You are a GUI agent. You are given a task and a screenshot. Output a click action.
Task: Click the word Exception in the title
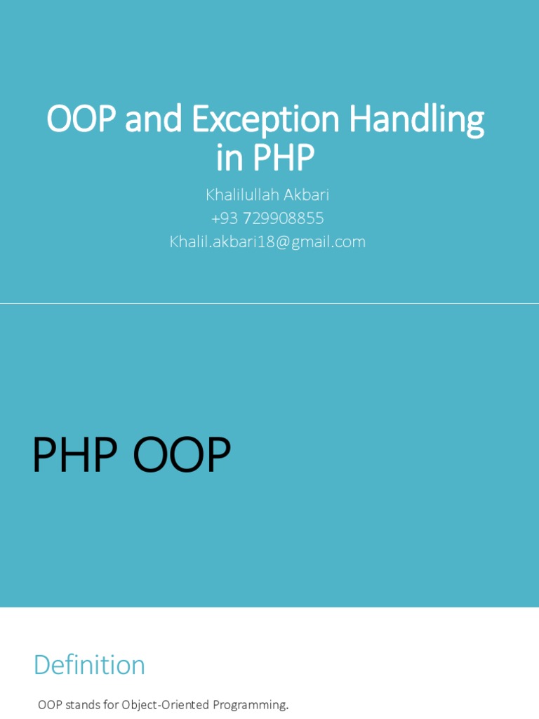(267, 120)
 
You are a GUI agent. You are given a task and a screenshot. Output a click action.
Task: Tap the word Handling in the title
(417, 120)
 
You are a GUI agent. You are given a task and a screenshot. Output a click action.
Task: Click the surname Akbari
(305, 194)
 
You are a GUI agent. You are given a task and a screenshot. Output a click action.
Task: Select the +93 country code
(225, 218)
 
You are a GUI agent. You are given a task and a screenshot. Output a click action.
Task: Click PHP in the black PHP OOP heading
(74, 456)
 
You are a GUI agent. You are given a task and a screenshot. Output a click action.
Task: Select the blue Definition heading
(89, 665)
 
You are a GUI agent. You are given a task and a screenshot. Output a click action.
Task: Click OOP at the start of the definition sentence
(50, 704)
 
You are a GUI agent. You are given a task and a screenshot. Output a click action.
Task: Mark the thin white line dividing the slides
(269, 304)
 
